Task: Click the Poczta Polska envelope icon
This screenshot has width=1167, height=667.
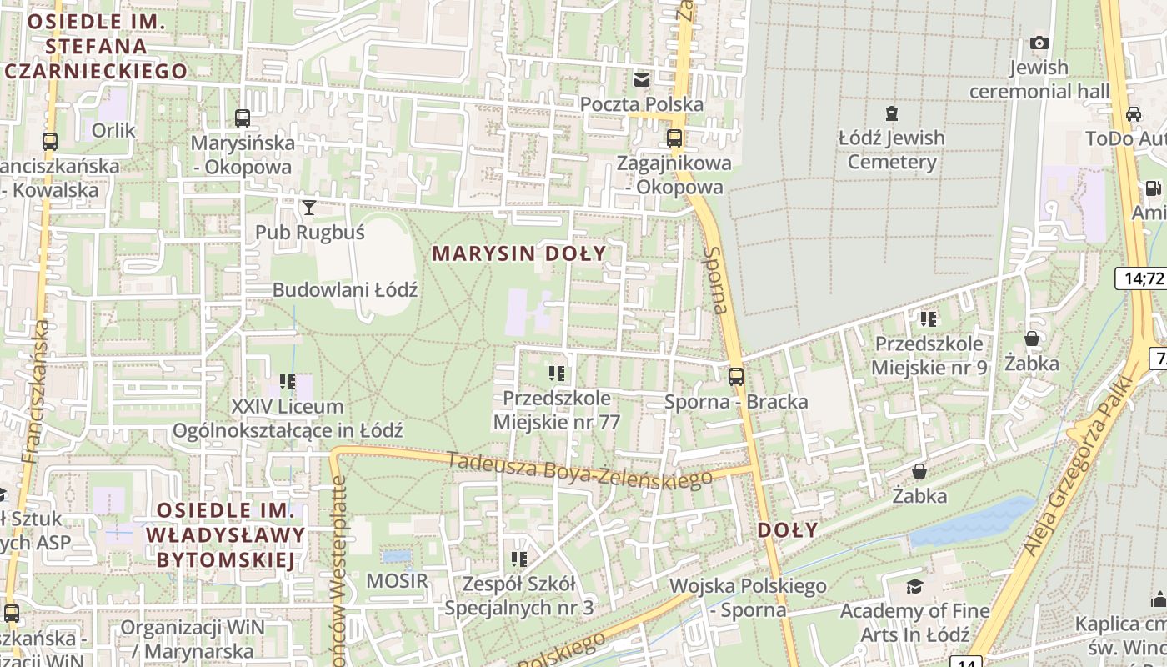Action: [642, 80]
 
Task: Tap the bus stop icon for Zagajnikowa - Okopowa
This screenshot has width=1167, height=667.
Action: [674, 138]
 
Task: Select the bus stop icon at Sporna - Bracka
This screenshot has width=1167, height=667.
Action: [735, 377]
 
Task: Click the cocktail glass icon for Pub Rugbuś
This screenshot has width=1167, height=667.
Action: [309, 207]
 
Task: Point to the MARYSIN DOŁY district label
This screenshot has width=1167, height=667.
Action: [519, 253]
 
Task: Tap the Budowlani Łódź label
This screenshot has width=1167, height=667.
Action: [345, 290]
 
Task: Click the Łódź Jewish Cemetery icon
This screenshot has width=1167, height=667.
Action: [892, 113]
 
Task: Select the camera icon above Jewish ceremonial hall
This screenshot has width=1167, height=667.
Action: [1039, 43]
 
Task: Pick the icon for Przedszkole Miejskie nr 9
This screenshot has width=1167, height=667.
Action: [929, 318]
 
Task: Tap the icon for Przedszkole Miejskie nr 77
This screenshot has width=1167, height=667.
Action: [557, 374]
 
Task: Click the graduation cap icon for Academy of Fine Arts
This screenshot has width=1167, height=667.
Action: [914, 586]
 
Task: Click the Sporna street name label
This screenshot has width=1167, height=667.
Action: [715, 280]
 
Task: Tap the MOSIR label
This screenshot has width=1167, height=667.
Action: [398, 581]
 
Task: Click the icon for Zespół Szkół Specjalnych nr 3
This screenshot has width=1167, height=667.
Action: [519, 559]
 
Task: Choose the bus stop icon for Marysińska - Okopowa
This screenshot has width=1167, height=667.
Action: [243, 118]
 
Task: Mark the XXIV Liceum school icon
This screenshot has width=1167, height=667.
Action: [288, 382]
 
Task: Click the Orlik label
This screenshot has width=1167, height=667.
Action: [113, 130]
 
